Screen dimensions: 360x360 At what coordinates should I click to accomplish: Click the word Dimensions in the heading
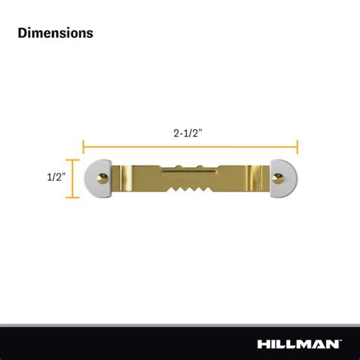tap(55, 33)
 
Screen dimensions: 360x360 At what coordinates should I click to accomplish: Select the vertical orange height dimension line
tap(73, 178)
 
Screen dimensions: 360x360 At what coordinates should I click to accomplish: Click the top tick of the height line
tap(73, 159)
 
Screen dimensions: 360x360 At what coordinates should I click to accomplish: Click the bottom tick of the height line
tap(73, 197)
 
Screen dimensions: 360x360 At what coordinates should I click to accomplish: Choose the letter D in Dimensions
tap(22, 33)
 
